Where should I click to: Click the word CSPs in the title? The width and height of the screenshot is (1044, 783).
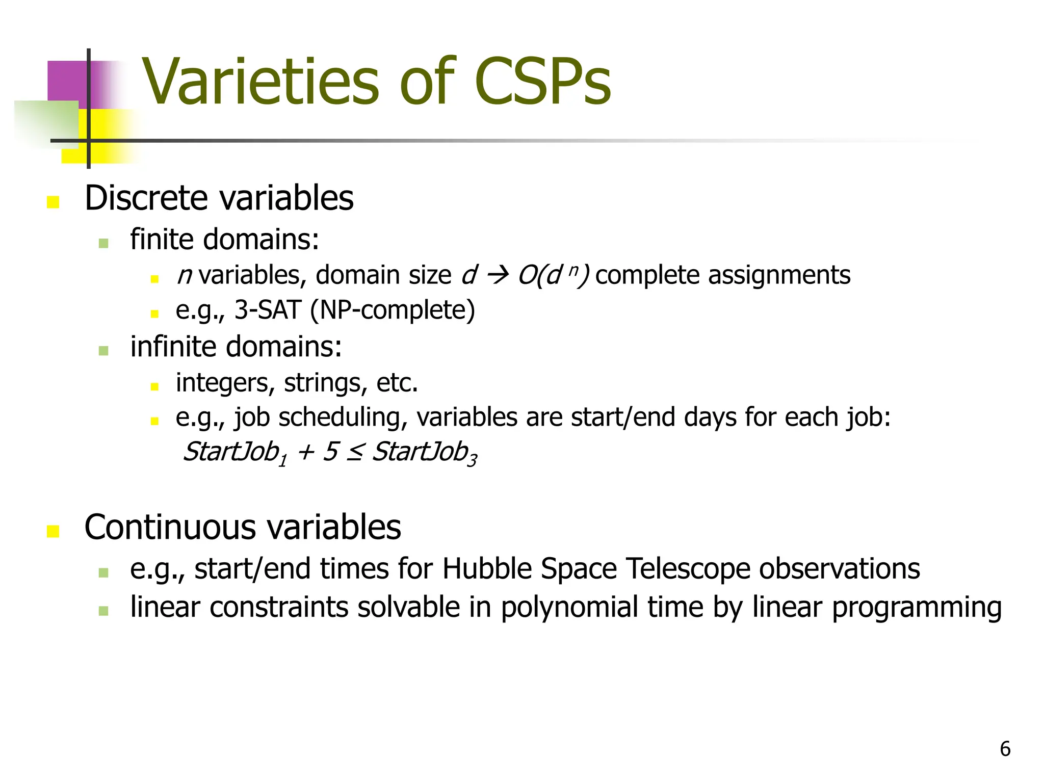tap(542, 82)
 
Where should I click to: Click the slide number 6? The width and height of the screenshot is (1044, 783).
tap(1005, 749)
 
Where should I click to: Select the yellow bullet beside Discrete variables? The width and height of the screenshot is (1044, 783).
tap(53, 202)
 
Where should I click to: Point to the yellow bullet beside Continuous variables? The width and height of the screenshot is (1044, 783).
tap(53, 531)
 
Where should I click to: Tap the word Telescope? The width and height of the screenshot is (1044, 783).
tap(688, 569)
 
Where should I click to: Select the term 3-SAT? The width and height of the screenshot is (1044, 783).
tap(268, 310)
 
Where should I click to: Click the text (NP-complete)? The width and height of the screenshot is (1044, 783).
tap(393, 311)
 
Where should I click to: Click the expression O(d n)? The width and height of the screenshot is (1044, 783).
tap(553, 276)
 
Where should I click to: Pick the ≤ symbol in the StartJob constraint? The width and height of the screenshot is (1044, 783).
tap(354, 452)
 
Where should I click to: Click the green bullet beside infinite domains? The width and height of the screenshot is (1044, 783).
tap(103, 351)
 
